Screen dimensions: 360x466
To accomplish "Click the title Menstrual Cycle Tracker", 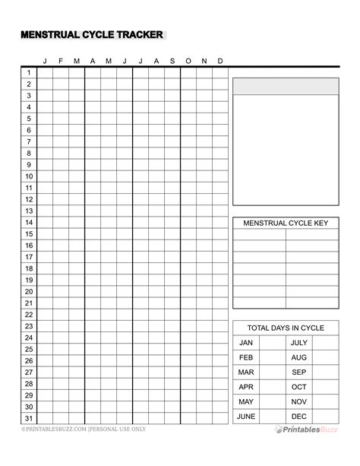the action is pos(90,35).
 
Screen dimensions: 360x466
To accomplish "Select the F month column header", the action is pos(61,62).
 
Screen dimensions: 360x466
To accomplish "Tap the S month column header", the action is pos(172,62).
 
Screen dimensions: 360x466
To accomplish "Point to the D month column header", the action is pos(220,62).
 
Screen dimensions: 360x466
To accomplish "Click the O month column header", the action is pos(188,62).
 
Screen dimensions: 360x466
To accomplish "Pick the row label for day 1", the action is pos(29,73).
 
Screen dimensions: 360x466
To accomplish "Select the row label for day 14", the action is pos(29,223).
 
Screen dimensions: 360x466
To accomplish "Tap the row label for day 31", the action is pos(29,418).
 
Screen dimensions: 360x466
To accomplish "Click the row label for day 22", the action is pos(29,315).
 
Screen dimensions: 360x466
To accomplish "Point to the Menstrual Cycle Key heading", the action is pos(286,223).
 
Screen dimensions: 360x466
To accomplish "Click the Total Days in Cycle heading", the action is pos(286,328).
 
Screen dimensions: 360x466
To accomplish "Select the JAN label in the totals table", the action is pos(246,343).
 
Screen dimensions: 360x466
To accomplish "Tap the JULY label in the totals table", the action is pos(299,343).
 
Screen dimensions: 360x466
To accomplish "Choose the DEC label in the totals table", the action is pos(299,417).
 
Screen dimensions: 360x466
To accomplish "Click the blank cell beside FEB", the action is pos(272,357).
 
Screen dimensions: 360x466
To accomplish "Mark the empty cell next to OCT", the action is pos(325,387).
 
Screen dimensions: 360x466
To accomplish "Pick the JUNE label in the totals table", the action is pos(246,417).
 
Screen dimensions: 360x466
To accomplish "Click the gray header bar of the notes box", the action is pos(286,86).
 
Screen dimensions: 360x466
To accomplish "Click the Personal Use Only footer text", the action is pos(114,430).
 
